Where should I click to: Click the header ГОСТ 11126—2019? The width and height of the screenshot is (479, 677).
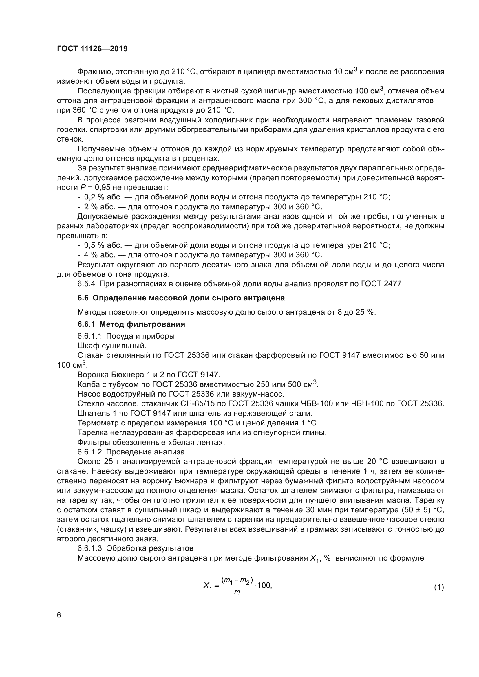[92, 49]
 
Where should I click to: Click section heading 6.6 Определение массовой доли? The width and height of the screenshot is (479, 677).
[181, 298]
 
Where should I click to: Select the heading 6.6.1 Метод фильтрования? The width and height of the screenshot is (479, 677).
[131, 324]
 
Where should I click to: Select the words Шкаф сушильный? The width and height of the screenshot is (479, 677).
[112, 346]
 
